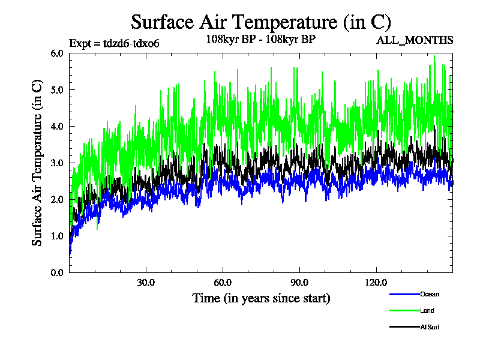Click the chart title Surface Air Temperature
pos(261,22)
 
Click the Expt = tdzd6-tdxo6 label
pos(114,43)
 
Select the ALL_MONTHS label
pos(415,41)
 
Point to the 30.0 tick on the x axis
pos(146,283)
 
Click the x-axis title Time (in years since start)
pos(261,298)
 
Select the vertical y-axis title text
pos(37,163)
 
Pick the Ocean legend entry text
pos(430,295)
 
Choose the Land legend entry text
pos(427,311)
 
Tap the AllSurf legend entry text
pos(430,327)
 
